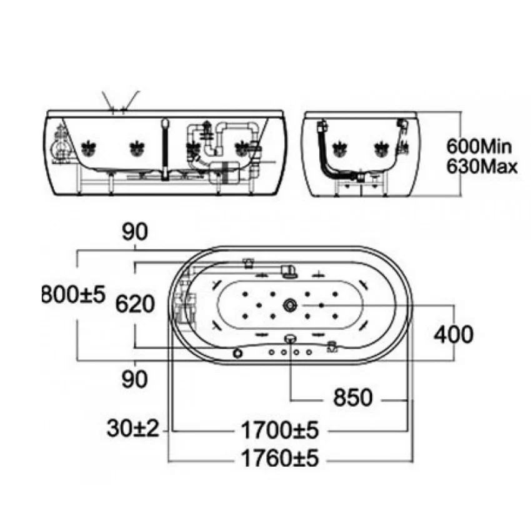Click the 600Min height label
click(x=479, y=146)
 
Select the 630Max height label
click(x=482, y=166)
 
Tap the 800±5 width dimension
click(x=74, y=294)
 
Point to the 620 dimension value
click(x=135, y=304)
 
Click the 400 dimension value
click(x=454, y=335)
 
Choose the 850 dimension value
click(x=353, y=397)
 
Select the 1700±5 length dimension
click(x=280, y=430)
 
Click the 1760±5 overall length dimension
click(x=280, y=458)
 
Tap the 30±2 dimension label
click(x=132, y=428)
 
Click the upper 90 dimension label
click(x=135, y=232)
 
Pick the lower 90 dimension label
click(x=135, y=379)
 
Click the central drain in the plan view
click(x=290, y=305)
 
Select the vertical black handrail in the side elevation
click(x=165, y=149)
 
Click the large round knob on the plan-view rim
click(x=238, y=353)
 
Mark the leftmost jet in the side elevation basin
click(x=89, y=149)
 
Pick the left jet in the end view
click(x=340, y=149)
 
